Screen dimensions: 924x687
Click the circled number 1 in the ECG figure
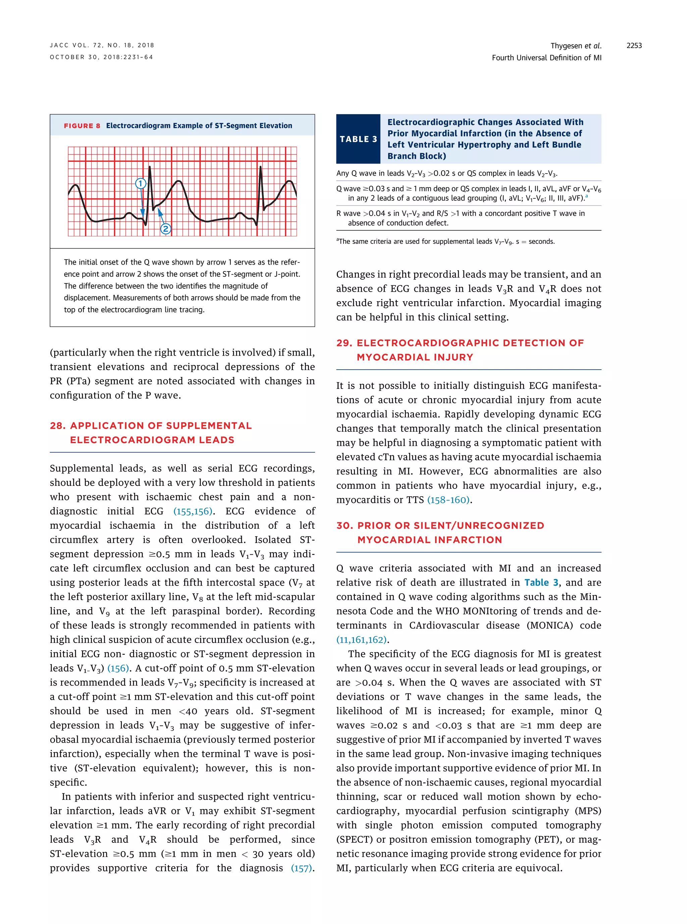[141, 183]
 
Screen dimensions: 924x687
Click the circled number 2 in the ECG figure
[165, 229]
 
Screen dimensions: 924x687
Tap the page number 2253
[634, 46]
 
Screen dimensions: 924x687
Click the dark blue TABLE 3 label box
[358, 139]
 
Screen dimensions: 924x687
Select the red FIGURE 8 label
[82, 126]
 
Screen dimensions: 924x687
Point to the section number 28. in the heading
[58, 426]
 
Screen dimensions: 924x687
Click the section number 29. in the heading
[344, 343]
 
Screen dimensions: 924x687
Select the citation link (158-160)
[448, 500]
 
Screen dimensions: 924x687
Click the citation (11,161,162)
[361, 640]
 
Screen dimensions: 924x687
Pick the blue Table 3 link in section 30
[541, 583]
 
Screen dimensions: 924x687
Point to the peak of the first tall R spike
[150, 167]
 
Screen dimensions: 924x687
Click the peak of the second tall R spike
[261, 167]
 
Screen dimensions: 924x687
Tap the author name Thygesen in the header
[566, 46]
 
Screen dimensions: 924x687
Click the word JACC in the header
[59, 45]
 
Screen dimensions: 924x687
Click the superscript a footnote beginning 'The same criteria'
[338, 240]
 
